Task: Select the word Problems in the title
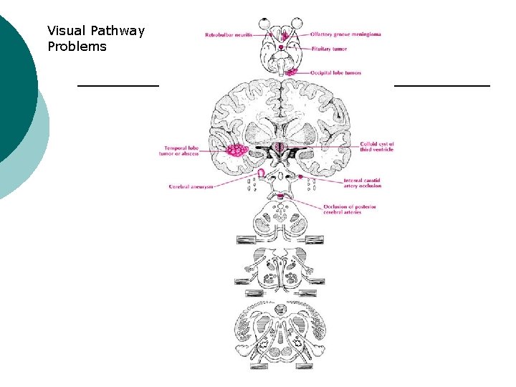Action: click(77, 47)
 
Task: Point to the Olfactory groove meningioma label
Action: click(345, 34)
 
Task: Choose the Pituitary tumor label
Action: click(330, 49)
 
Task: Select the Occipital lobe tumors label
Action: click(335, 72)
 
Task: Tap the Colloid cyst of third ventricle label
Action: click(377, 147)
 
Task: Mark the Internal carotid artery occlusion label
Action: click(363, 183)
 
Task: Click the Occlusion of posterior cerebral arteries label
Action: click(350, 209)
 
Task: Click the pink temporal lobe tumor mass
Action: click(236, 150)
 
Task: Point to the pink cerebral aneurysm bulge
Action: click(261, 173)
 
